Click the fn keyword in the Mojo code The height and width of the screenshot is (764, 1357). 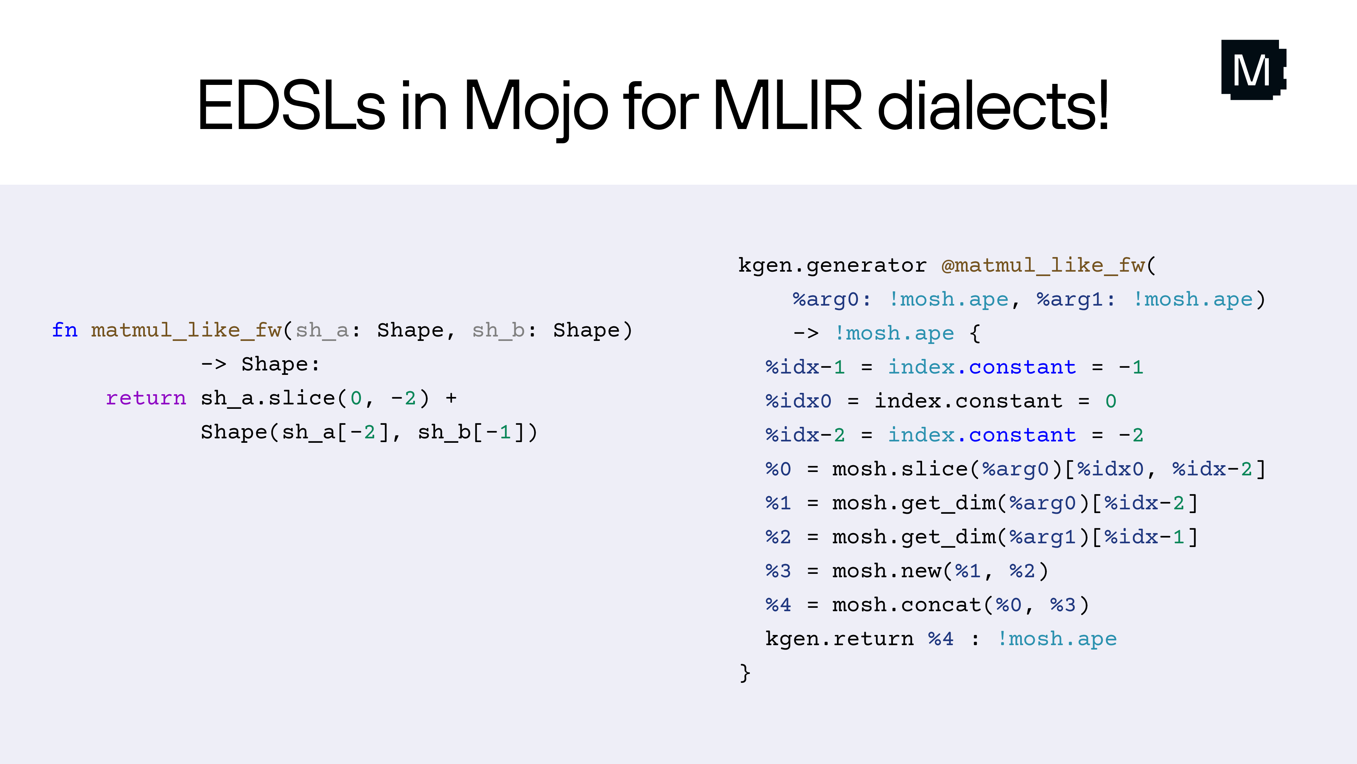coord(64,331)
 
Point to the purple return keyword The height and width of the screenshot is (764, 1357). coord(146,399)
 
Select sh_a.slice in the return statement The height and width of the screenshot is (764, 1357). coord(268,399)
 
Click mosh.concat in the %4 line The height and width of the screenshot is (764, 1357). coord(906,605)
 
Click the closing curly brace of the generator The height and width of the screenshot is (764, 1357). coord(744,673)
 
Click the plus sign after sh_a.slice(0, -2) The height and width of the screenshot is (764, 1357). coord(451,399)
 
